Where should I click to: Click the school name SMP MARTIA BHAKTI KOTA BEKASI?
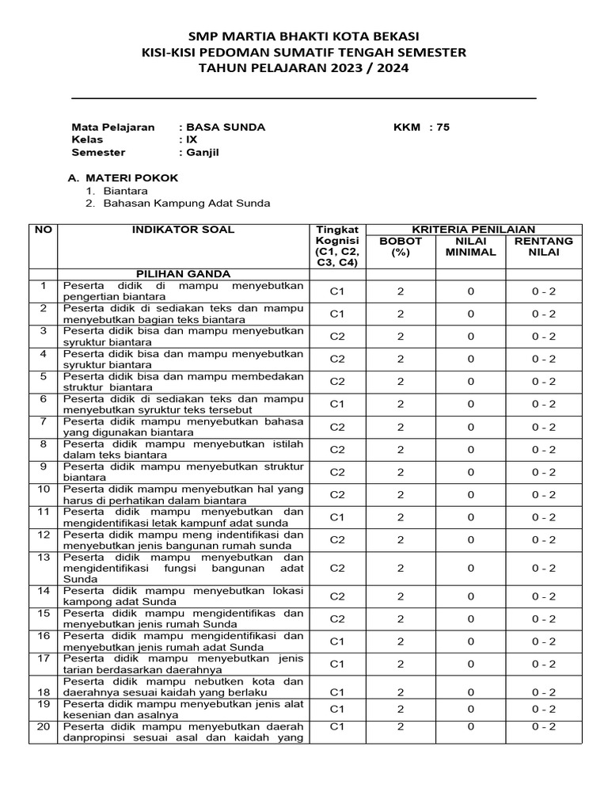(303, 36)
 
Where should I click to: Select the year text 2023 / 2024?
(371, 68)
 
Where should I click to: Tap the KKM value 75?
(442, 127)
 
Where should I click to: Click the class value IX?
(191, 139)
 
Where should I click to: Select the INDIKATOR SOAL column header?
(183, 230)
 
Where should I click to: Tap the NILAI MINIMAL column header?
(470, 246)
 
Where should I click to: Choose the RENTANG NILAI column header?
(544, 246)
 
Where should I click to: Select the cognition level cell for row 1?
(338, 291)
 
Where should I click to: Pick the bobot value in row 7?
(401, 427)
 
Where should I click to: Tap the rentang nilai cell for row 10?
(544, 495)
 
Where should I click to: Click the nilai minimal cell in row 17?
(470, 664)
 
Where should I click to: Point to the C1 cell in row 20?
(338, 726)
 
